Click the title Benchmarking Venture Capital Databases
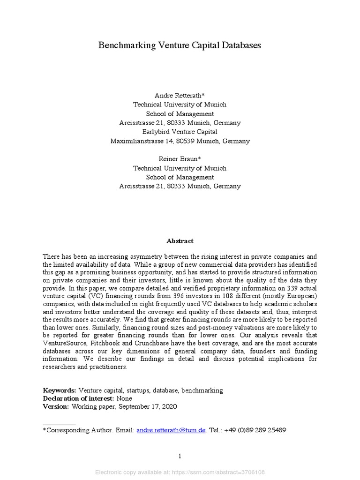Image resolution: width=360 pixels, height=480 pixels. click(180, 45)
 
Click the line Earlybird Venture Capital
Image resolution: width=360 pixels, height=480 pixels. click(180, 132)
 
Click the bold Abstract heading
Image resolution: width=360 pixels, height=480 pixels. click(180, 241)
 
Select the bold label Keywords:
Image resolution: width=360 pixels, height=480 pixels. click(60, 390)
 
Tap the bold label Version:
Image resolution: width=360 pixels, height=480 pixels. click(56, 407)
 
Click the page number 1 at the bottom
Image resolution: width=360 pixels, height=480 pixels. click(180, 456)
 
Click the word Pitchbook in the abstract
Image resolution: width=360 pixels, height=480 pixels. click(103, 343)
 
